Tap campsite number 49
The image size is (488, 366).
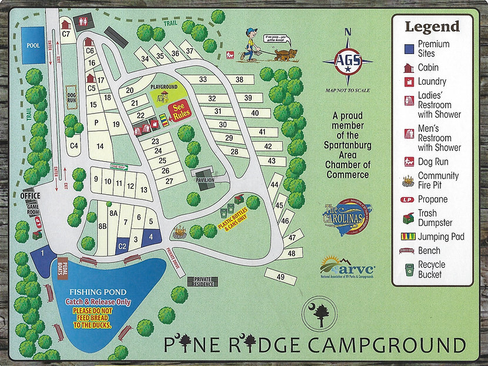tap(280, 276)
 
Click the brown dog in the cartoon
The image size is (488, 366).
tap(286, 54)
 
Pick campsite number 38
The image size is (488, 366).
tap(239, 79)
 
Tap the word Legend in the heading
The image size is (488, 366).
tap(432, 26)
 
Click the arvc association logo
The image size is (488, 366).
tap(347, 266)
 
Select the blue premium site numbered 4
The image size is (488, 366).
tap(151, 237)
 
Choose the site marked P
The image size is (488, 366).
tap(96, 122)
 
